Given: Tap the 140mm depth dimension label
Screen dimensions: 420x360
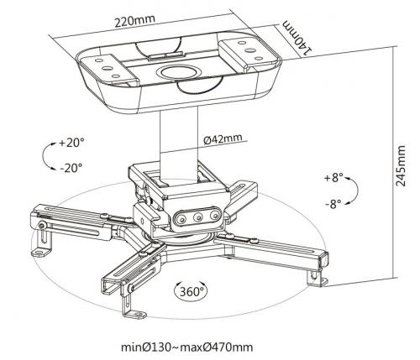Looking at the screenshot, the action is click(297, 38).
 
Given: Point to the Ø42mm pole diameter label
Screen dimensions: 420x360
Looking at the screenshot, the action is click(223, 139).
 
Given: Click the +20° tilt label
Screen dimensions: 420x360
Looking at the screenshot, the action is click(71, 143).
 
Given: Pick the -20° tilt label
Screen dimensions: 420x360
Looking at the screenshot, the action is click(71, 168).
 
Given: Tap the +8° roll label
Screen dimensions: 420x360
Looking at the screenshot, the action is click(333, 177).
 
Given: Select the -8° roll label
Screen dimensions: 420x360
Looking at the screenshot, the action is click(333, 203).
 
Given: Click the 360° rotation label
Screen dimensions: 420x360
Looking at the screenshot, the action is click(192, 291).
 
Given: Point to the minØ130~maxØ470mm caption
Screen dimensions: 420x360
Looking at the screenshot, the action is click(187, 347).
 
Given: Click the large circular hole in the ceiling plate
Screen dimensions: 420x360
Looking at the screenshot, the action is click(178, 72).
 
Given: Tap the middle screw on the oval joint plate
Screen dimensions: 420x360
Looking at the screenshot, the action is click(198, 217).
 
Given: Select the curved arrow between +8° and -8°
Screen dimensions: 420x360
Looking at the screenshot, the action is click(355, 190).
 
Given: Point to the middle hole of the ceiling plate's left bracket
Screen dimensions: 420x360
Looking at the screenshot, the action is click(107, 68).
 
